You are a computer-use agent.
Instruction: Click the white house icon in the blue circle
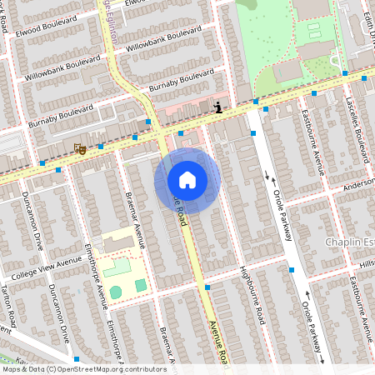point(187,180)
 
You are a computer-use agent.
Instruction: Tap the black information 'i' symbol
point(217,107)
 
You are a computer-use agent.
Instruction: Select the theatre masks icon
point(80,149)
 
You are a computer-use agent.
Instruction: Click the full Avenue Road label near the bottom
point(218,341)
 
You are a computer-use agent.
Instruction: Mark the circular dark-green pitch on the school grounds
point(116,292)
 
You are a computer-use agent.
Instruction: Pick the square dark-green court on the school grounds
point(141,286)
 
